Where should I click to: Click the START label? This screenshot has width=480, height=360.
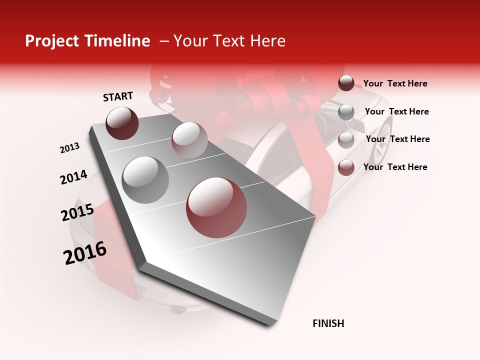tap(118, 96)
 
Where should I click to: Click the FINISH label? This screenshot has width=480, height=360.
tap(328, 323)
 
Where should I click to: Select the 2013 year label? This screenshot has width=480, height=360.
tap(70, 148)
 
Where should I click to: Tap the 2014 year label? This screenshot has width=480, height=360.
tap(73, 177)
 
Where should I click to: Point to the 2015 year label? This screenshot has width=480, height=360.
tap(77, 212)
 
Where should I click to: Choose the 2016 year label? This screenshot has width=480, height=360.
tap(85, 253)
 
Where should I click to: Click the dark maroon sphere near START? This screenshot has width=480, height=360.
tap(122, 123)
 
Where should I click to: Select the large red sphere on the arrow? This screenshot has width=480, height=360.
tap(216, 207)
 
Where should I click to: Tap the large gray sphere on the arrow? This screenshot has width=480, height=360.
tap(145, 179)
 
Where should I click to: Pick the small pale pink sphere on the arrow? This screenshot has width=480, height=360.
tap(189, 139)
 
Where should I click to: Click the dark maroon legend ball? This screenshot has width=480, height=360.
tap(346, 83)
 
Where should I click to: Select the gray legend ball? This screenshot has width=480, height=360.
tap(346, 112)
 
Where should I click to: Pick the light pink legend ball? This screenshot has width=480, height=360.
tap(346, 140)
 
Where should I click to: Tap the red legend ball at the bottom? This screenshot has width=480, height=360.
tap(346, 167)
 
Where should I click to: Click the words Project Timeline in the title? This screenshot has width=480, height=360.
tap(87, 41)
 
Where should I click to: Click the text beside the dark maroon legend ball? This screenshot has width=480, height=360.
tap(395, 83)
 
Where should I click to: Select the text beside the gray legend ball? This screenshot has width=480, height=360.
tap(396, 111)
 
